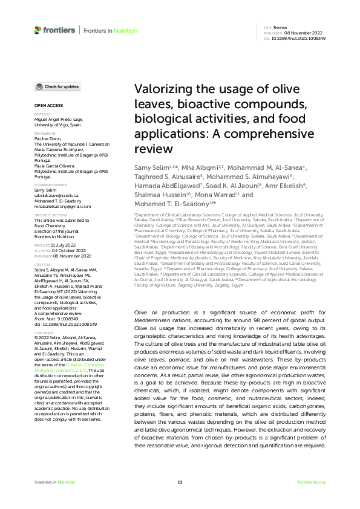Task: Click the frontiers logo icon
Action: pyautogui.click(x=38, y=30)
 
